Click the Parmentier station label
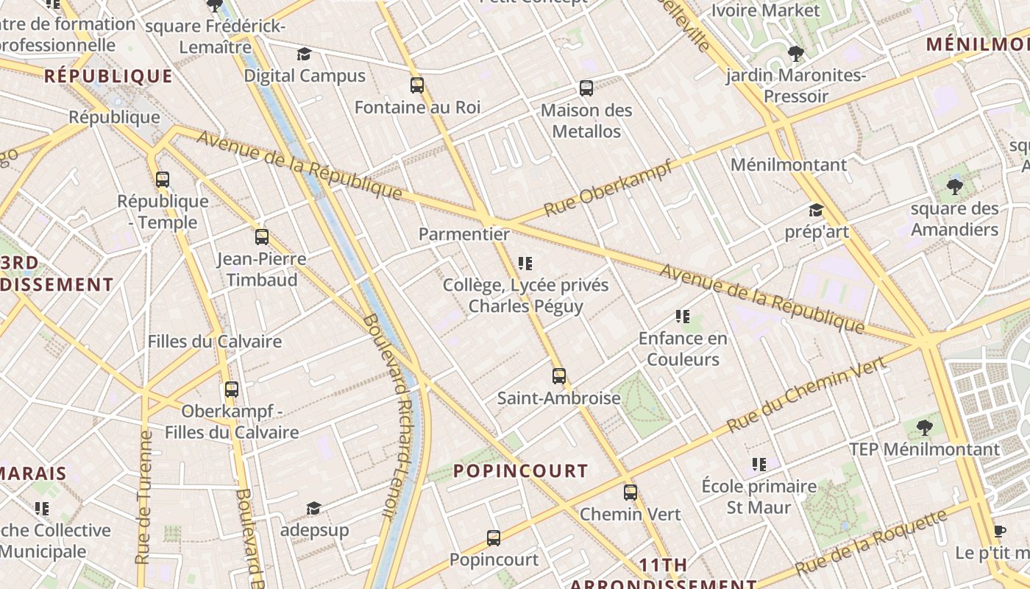point(464,234)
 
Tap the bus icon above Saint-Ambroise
point(559,376)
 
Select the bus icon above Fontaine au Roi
point(417,85)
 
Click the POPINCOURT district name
point(520,470)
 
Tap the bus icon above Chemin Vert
point(631,493)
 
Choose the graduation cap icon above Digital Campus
point(304,54)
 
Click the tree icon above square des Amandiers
point(955,186)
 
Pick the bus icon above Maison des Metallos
point(586,88)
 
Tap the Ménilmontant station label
point(789,164)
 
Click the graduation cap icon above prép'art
point(816,211)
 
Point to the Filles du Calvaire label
point(215,341)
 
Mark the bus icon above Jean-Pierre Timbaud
point(262,237)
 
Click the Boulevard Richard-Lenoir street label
point(391,416)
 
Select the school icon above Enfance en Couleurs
point(682,317)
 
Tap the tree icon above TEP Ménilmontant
point(925,427)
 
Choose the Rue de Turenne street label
point(144,497)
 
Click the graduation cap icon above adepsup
point(314,508)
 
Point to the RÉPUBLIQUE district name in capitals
point(108,76)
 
